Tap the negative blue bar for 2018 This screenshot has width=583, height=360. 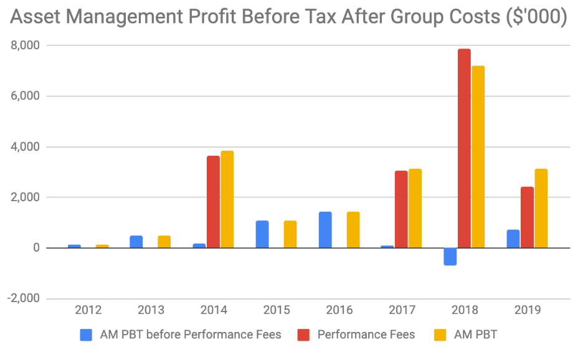click(450, 257)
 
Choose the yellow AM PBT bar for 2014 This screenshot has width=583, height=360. click(227, 199)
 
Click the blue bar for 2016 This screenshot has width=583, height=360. click(325, 230)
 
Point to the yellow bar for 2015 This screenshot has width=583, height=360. click(290, 234)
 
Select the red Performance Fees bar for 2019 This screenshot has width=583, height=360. click(527, 217)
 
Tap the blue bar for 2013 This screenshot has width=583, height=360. click(136, 242)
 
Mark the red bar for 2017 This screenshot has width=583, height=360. click(401, 209)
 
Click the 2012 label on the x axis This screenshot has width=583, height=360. click(88, 310)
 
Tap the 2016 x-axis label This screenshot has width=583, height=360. click(338, 310)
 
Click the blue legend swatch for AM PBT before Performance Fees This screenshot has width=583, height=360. click(87, 335)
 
